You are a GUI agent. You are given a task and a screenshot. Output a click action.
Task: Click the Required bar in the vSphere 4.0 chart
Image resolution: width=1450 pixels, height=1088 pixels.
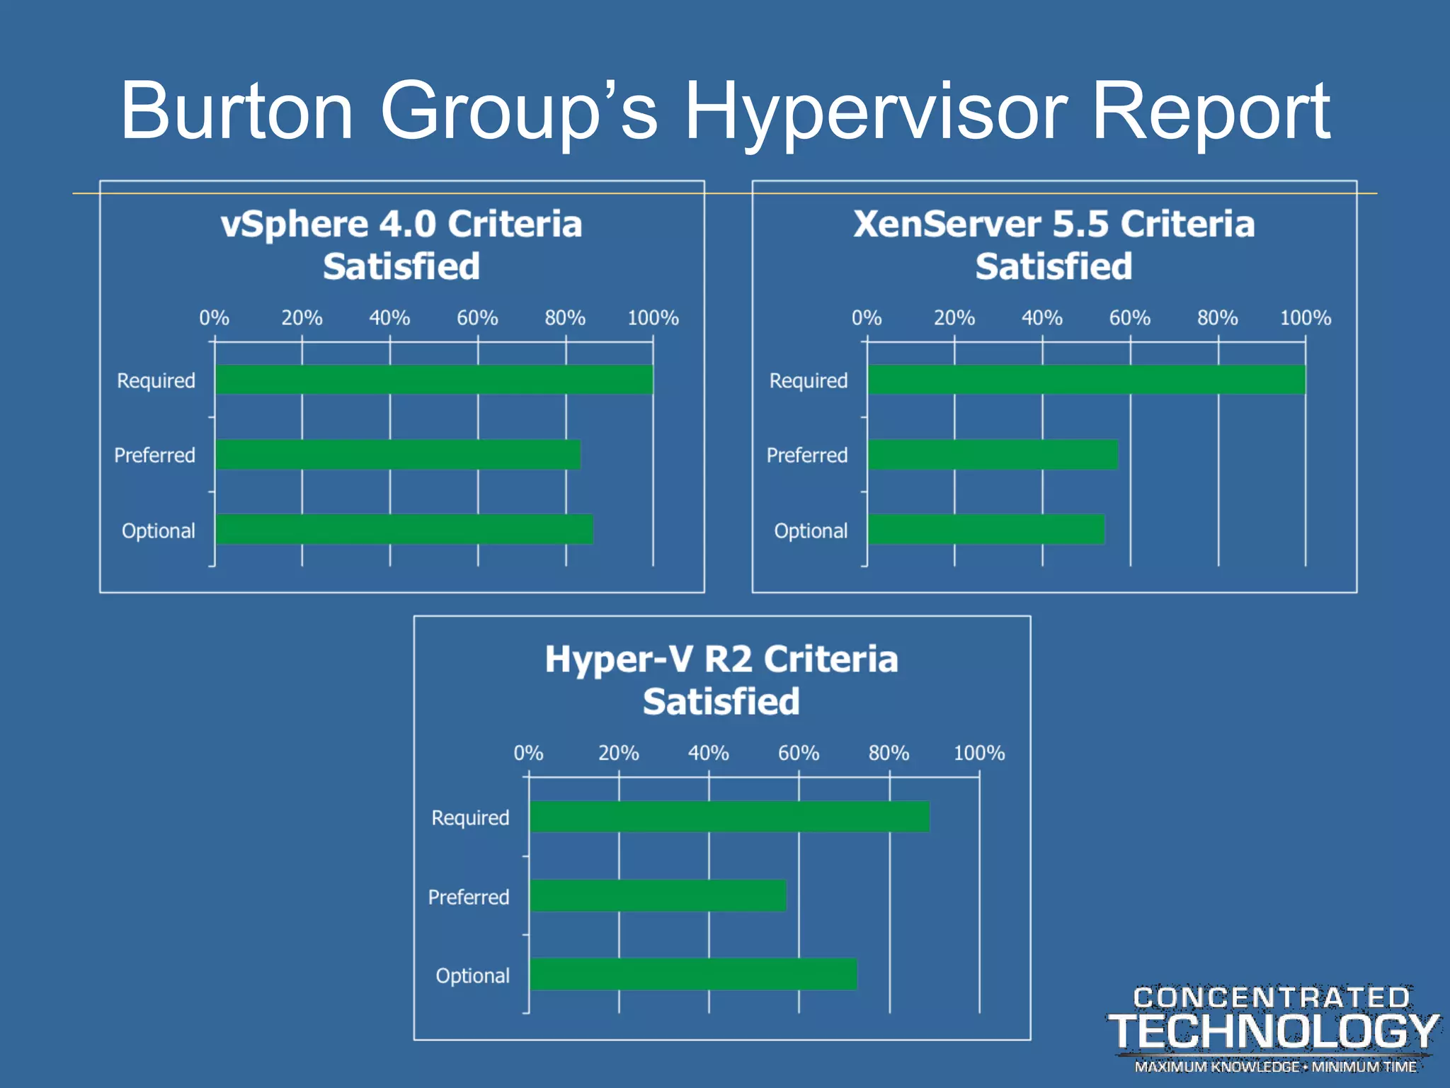point(433,380)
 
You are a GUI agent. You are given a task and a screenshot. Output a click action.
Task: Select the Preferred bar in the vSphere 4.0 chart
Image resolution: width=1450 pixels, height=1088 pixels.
point(397,455)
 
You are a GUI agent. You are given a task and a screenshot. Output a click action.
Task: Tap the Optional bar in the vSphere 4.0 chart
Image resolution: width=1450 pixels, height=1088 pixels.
point(404,530)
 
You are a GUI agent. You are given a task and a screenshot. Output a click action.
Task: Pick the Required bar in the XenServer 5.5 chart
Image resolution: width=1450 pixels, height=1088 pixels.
point(1086,380)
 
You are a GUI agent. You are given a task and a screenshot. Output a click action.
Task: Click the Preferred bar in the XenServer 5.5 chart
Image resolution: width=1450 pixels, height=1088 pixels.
point(993,455)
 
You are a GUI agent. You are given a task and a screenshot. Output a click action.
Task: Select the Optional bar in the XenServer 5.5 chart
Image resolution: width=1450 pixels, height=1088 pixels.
point(986,530)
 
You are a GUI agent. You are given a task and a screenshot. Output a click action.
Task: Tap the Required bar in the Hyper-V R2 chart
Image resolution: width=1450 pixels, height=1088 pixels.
point(729,817)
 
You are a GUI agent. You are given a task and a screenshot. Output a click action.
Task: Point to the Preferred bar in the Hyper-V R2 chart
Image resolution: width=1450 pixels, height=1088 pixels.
point(658,896)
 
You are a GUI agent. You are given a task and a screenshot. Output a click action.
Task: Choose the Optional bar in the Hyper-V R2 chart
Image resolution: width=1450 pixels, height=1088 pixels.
point(693,975)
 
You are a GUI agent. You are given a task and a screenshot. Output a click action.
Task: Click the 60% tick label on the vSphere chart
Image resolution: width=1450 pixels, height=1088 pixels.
point(477,318)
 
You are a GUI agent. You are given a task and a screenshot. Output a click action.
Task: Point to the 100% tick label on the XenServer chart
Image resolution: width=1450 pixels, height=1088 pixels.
point(1305,318)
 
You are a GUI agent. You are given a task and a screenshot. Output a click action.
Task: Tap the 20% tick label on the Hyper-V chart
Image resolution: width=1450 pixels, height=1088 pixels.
point(618,753)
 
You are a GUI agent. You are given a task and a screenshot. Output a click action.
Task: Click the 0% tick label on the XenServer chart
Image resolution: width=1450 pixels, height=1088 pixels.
point(866,318)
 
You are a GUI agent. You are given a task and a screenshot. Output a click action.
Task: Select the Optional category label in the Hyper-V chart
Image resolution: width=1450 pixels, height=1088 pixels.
point(472,976)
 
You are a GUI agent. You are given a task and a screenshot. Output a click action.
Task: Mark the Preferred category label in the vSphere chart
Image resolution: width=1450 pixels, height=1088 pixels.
point(154,455)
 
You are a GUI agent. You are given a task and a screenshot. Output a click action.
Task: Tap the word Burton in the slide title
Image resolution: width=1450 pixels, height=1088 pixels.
point(236,112)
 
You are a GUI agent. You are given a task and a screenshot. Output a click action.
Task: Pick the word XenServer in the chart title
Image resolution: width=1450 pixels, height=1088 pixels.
point(945,225)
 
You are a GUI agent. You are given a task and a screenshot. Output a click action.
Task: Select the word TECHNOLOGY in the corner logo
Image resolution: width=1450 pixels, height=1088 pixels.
point(1273,1031)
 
